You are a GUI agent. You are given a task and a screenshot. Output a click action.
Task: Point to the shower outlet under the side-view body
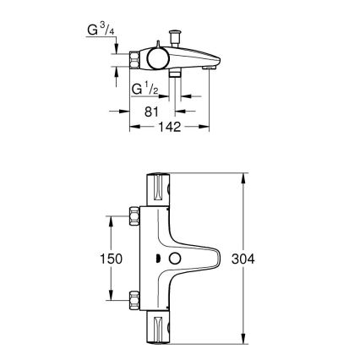click(175, 77)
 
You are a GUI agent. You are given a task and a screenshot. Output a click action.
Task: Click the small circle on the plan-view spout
click(177, 257)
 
